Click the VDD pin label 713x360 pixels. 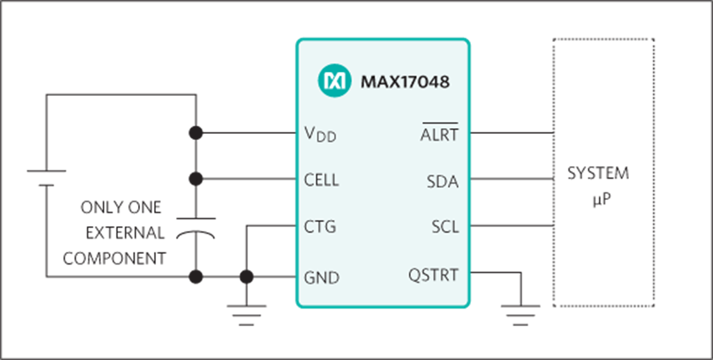(320, 134)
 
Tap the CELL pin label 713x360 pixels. (321, 180)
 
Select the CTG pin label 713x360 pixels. (320, 227)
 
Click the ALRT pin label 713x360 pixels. (440, 134)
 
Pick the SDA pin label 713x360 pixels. (443, 181)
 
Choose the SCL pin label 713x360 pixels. (445, 227)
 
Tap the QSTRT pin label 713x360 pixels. (434, 274)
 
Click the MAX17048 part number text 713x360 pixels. (405, 82)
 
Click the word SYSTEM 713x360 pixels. (598, 174)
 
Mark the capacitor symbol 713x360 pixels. (196, 227)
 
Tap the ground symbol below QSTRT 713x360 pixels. (520, 314)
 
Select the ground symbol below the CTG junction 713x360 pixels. (247, 314)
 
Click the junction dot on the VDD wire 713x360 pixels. (195, 133)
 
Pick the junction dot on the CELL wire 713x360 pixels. (195, 179)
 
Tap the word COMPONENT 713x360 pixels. (115, 259)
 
